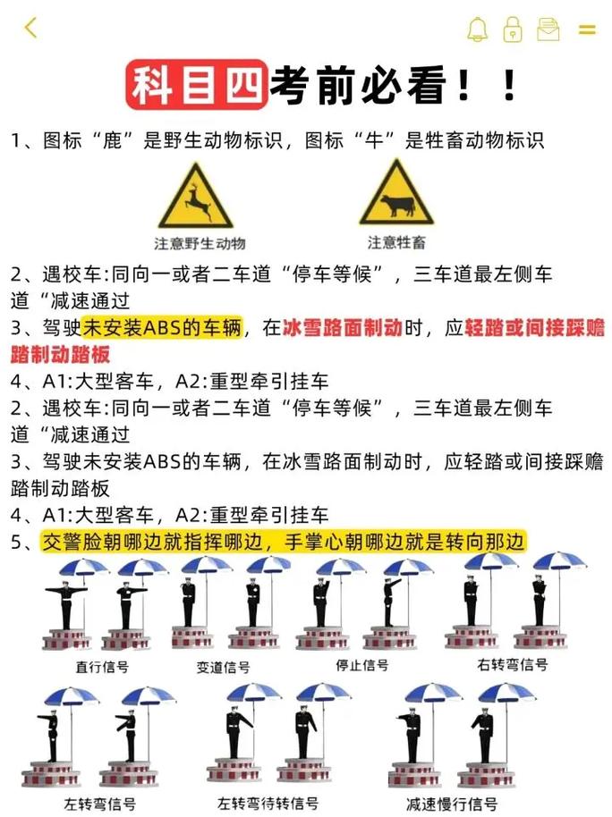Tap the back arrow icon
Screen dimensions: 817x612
31,28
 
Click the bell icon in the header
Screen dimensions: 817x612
478,29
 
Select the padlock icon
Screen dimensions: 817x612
513,29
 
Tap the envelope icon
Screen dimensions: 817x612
548,29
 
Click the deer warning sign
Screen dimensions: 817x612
196,196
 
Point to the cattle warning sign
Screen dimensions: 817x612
396,194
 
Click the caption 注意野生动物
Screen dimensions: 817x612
200,243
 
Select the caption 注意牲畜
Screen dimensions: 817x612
396,242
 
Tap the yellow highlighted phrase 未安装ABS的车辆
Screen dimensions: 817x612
164,328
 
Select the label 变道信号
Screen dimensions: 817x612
224,667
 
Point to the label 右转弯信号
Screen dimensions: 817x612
512,664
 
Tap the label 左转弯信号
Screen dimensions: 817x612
100,804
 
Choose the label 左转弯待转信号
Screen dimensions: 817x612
268,804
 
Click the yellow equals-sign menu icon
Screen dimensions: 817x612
587,29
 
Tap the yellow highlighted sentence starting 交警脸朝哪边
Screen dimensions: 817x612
285,541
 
